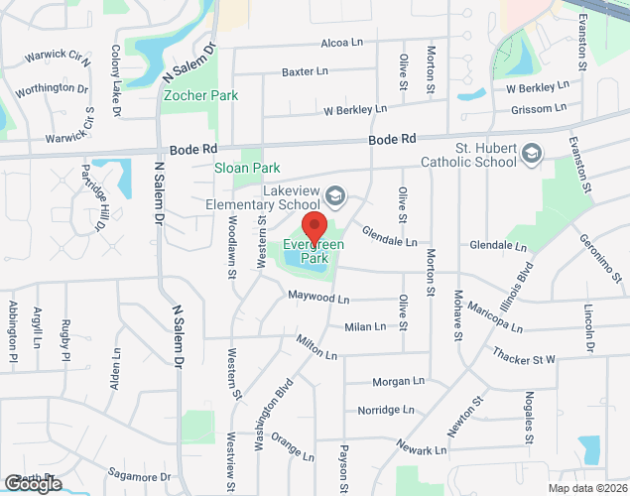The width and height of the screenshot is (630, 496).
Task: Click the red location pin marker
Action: tap(315, 228)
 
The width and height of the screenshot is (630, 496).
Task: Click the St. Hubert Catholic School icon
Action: tap(534, 153)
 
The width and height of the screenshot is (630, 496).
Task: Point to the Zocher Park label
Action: tap(200, 96)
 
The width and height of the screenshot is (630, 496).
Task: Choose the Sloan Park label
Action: tap(247, 168)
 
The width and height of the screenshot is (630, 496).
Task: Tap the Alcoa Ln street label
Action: tap(343, 44)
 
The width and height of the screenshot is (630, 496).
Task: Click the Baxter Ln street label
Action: tap(305, 71)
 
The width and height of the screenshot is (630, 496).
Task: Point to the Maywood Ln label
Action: tap(318, 298)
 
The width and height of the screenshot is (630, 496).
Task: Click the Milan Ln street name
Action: tap(364, 326)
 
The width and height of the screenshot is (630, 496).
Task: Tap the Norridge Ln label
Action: tap(386, 410)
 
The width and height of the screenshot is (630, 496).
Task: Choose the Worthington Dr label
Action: tap(52, 88)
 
